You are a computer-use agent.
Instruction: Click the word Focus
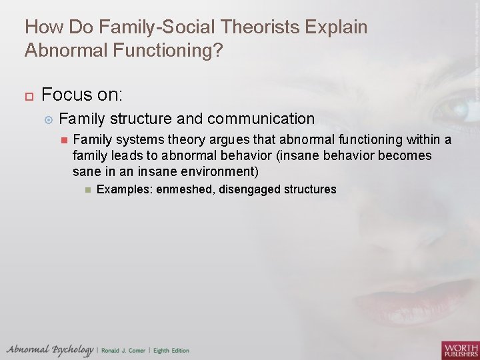[x=66, y=93]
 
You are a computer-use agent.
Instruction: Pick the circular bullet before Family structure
[x=47, y=119]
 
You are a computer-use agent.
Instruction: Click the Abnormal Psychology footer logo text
[x=50, y=349]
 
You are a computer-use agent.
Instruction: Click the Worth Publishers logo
[x=459, y=349]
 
